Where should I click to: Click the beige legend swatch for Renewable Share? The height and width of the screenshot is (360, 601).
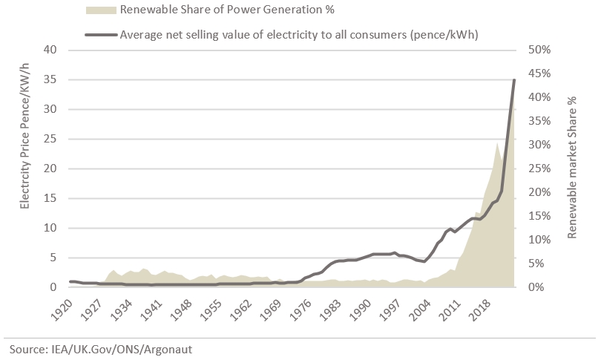(x=101, y=10)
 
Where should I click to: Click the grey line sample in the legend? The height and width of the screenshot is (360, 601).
(x=101, y=33)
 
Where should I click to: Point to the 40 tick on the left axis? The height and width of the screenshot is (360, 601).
(x=50, y=50)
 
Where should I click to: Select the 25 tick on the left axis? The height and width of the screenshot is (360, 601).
(x=50, y=139)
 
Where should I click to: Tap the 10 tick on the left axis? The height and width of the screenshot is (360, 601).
(x=50, y=228)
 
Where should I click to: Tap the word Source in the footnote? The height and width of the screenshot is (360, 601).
(x=25, y=348)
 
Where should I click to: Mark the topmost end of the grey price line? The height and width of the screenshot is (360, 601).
(x=514, y=79)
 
